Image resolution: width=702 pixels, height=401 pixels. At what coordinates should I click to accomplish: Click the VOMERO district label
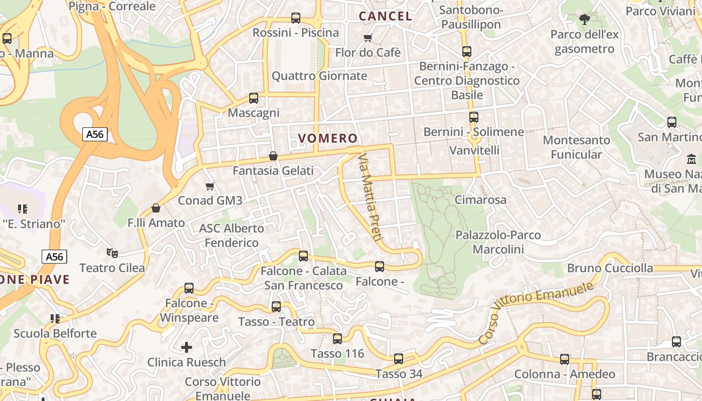[328, 138]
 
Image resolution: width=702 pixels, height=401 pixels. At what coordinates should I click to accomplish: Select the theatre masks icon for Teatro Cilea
[112, 253]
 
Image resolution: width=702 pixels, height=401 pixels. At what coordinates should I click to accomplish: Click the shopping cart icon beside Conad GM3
[210, 186]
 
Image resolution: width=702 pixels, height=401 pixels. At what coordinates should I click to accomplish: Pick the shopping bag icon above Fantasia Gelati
[273, 156]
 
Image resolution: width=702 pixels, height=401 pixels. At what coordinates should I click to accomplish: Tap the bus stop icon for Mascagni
[254, 98]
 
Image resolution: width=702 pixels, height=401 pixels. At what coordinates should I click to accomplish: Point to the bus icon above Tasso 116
[337, 339]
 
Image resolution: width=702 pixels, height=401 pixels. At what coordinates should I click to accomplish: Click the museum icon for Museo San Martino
[691, 159]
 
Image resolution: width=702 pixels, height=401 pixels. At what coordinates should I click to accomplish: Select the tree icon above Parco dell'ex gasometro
[584, 20]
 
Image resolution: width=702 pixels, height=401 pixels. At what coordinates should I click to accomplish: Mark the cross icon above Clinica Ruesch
[187, 347]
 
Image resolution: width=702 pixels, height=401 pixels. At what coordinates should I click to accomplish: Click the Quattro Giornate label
[319, 76]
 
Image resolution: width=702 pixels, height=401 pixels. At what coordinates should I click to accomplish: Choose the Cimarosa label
[480, 199]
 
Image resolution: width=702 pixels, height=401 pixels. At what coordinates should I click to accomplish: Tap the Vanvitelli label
[474, 150]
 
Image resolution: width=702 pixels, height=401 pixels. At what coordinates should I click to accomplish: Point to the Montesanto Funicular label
[576, 147]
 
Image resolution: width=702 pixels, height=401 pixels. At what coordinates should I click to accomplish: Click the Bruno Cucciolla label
[610, 268]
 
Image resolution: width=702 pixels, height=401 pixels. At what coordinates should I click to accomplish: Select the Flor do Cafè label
[368, 52]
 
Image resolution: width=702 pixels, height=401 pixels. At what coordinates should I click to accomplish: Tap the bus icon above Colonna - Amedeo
[565, 359]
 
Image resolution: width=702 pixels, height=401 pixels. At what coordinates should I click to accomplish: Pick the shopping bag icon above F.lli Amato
[156, 208]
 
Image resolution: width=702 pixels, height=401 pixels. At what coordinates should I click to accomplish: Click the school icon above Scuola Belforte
[55, 318]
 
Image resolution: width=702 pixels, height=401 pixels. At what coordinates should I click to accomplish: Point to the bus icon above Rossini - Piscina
[296, 18]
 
